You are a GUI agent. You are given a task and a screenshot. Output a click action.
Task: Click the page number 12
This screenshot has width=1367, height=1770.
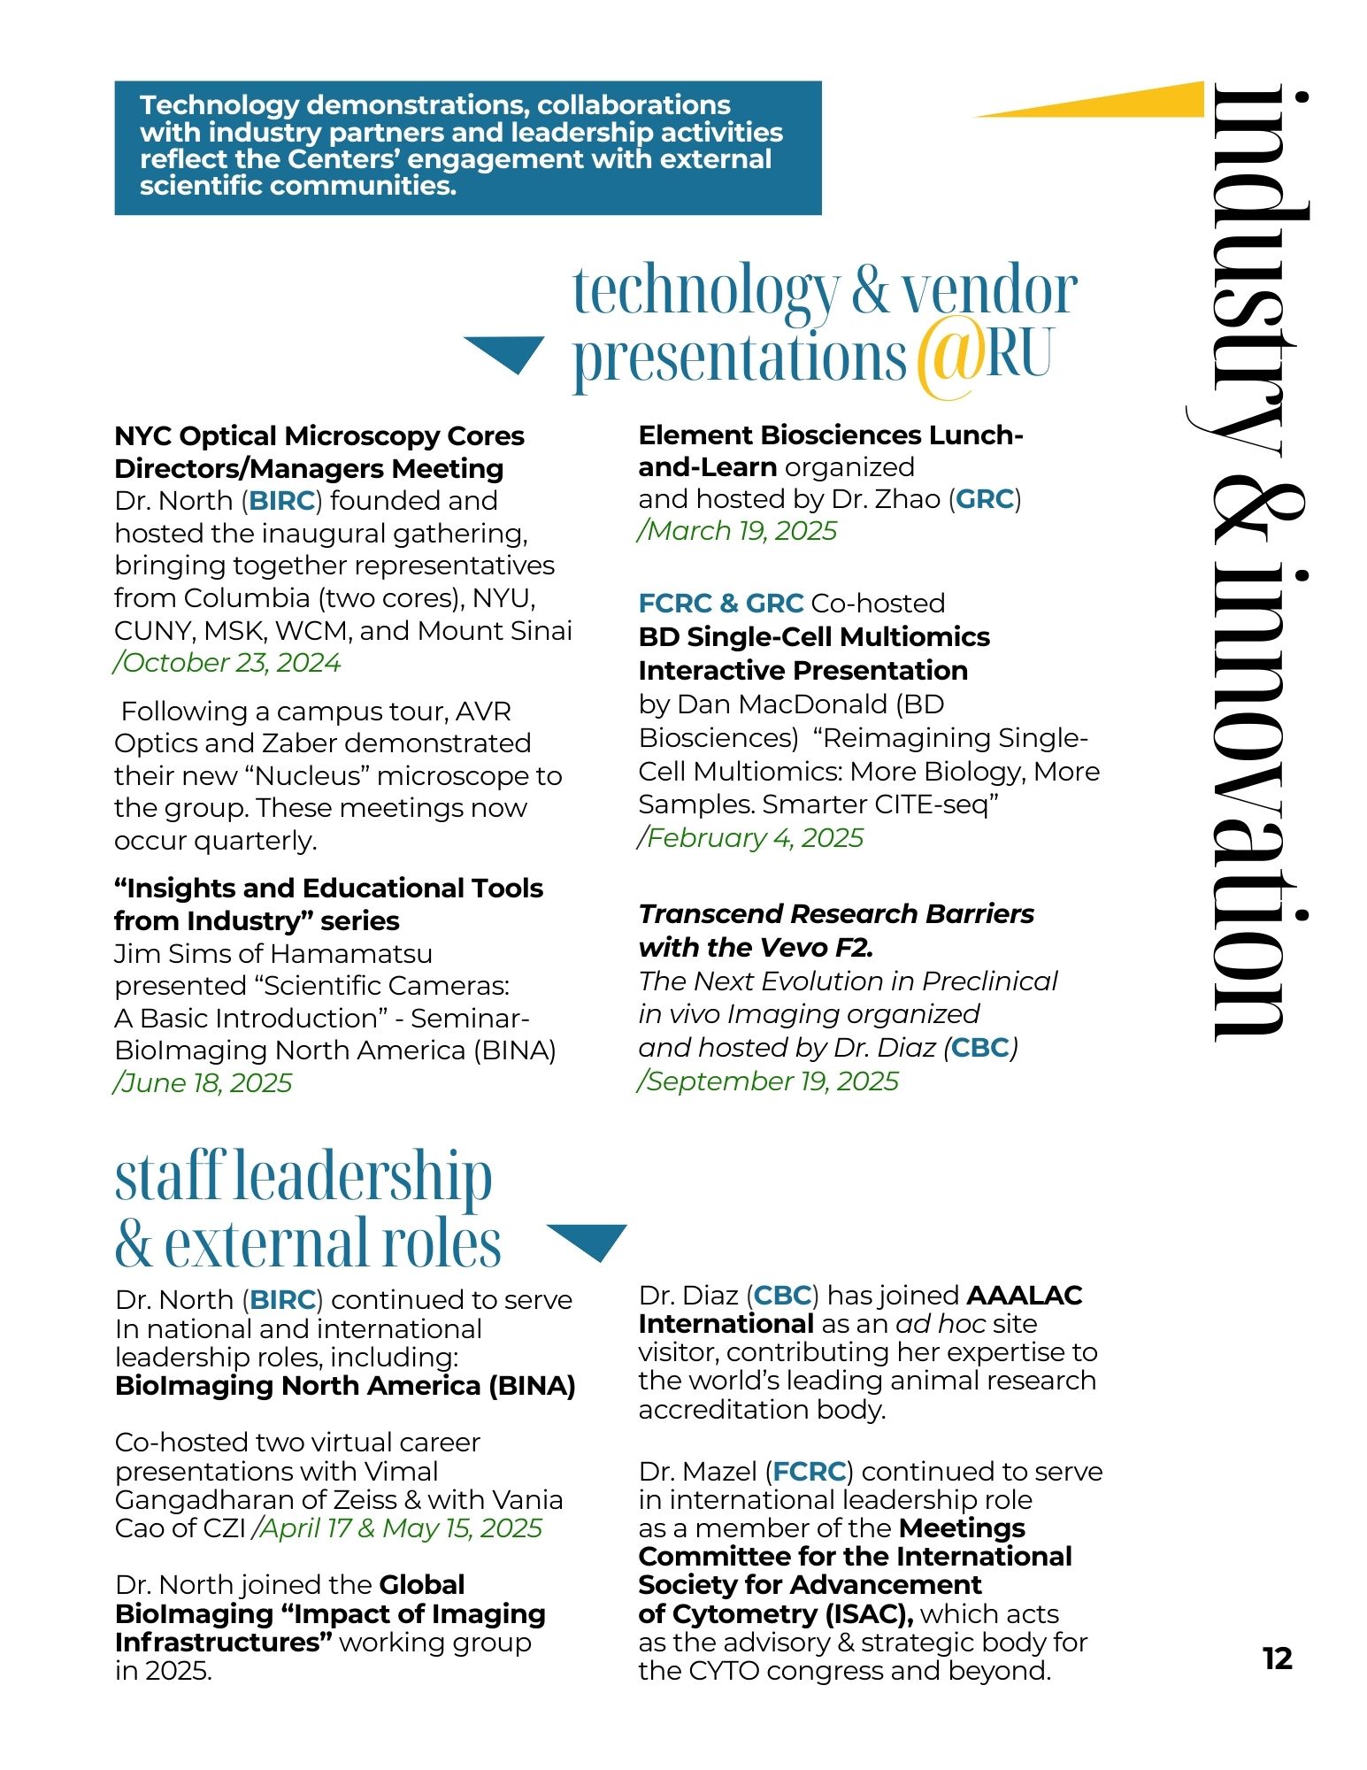1278,1658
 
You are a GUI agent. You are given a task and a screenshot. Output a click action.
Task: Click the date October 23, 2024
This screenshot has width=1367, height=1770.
228,663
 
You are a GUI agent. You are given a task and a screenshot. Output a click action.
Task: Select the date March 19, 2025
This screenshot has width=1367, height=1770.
738,531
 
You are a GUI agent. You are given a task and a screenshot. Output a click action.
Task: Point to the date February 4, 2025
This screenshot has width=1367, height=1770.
751,838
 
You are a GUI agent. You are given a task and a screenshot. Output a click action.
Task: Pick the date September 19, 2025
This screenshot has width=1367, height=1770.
769,1081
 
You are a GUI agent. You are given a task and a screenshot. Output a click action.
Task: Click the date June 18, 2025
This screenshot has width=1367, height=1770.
204,1083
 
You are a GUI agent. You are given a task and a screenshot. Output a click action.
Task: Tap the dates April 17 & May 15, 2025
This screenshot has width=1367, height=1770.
398,1528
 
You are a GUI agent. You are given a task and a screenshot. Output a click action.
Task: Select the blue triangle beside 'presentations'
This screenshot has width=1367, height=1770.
504,352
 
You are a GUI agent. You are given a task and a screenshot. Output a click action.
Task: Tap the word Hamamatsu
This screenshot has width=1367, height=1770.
351,954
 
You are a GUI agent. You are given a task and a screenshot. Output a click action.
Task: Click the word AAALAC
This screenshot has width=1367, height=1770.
1024,1296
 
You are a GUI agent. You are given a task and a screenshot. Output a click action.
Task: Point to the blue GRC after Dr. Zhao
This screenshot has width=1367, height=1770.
984,499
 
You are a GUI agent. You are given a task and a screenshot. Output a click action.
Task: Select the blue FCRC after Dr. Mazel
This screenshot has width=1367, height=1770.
809,1472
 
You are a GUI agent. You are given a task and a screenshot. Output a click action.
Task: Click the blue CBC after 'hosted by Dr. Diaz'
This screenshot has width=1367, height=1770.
979,1048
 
